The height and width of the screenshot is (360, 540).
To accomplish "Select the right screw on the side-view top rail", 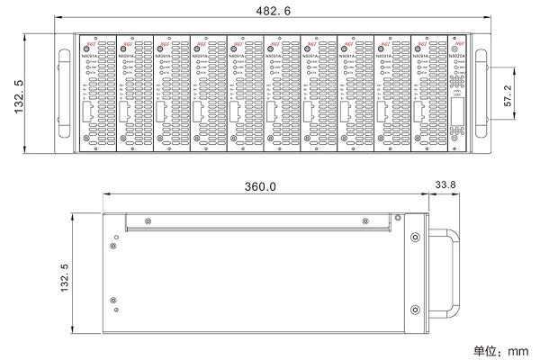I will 364,220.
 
